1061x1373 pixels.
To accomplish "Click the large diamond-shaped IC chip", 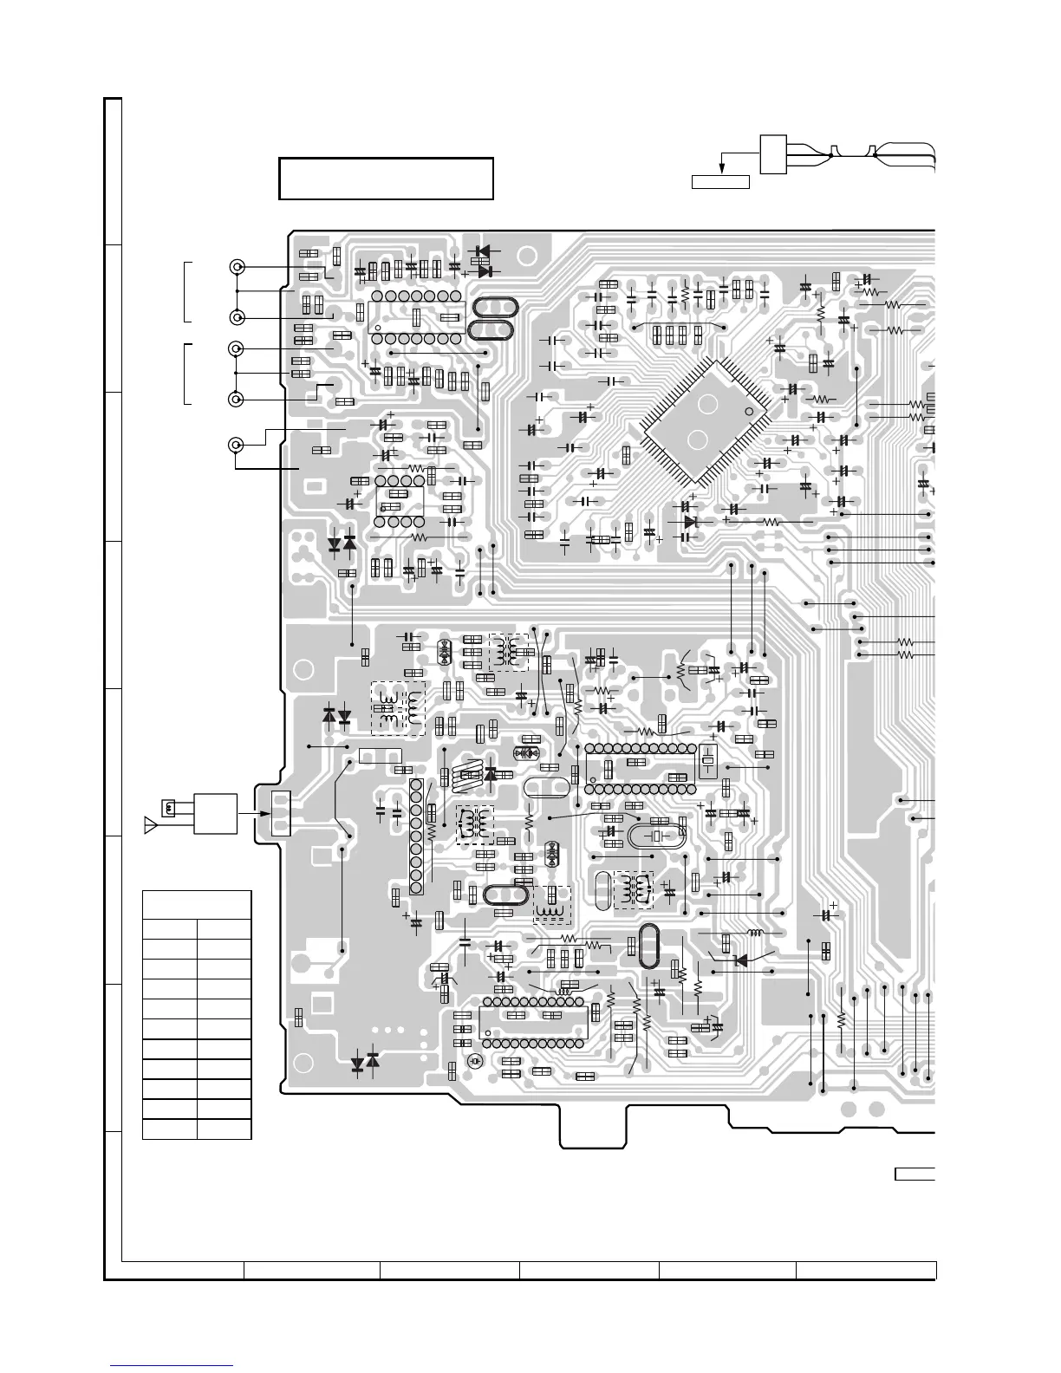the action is tap(705, 421).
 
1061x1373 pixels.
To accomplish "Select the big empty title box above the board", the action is tap(386, 179).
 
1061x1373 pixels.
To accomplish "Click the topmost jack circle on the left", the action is tap(236, 267).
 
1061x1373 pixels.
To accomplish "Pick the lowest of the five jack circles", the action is tap(236, 445).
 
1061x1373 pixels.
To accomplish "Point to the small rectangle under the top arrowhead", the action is tap(719, 180).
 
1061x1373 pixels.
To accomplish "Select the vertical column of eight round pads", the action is tap(416, 836).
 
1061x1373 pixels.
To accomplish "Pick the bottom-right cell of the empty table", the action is tap(224, 1129).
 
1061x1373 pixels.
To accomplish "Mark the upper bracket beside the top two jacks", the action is tap(186, 291).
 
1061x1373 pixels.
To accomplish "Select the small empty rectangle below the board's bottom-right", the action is tap(915, 1174).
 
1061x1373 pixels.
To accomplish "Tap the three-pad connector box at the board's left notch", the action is tap(282, 813).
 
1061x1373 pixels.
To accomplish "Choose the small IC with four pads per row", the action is tap(400, 501).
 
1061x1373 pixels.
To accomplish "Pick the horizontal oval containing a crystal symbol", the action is tap(657, 836).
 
